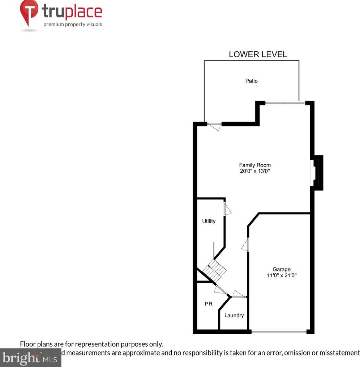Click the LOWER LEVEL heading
pyautogui.click(x=258, y=55)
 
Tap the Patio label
pyautogui.click(x=252, y=81)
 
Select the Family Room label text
pyautogui.click(x=255, y=165)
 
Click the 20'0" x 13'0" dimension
pyautogui.click(x=255, y=171)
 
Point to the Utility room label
pyautogui.click(x=209, y=221)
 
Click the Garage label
pyautogui.click(x=282, y=269)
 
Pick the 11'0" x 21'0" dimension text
pyautogui.click(x=282, y=275)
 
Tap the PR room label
pyautogui.click(x=209, y=304)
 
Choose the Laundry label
pyautogui.click(x=234, y=315)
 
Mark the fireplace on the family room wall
pyautogui.click(x=317, y=173)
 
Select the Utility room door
pyautogui.click(x=227, y=209)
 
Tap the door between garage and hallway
pyautogui.click(x=246, y=245)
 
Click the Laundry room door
pyautogui.click(x=239, y=294)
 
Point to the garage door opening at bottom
pyautogui.click(x=279, y=331)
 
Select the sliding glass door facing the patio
pyautogui.click(x=285, y=103)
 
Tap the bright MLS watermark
pyautogui.click(x=31, y=358)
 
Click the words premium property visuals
pyautogui.click(x=73, y=25)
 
